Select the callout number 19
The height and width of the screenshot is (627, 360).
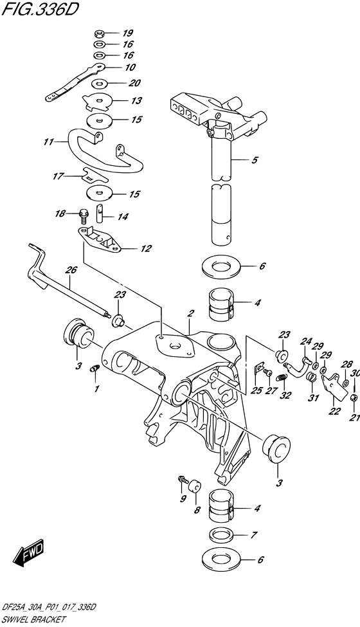pos(127,32)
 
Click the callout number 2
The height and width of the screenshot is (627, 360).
pos(191,313)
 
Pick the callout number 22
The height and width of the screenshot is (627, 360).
pos(334,412)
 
